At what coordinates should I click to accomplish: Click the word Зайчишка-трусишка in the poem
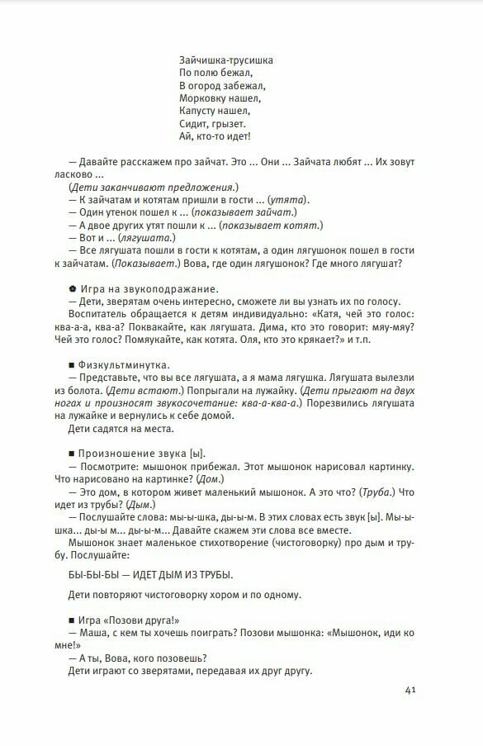225,59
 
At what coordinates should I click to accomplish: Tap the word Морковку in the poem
203,97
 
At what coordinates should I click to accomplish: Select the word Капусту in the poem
199,110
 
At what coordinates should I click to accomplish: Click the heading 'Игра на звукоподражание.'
149,289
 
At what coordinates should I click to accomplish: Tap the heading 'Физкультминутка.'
125,365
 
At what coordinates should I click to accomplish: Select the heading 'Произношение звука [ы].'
141,454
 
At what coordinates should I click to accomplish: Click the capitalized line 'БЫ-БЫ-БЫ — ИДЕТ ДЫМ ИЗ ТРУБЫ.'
148,574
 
